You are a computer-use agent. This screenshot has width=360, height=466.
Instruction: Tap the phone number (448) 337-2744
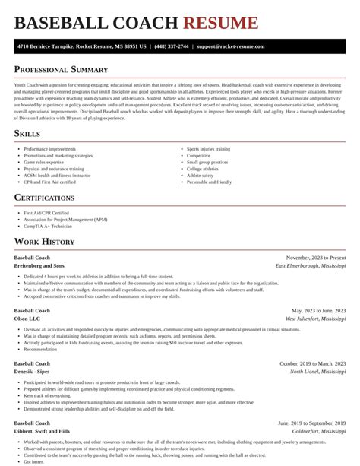tap(173, 46)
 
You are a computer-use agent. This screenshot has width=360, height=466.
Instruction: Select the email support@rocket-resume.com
tap(230, 46)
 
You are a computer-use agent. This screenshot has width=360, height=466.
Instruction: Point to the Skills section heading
tap(27, 134)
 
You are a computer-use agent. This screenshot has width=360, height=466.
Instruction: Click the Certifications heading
tap(44, 198)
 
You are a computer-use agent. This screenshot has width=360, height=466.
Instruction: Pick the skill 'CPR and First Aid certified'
tap(49, 182)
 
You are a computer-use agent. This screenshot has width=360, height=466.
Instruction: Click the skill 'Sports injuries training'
tap(208, 149)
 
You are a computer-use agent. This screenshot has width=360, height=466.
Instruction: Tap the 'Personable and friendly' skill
tap(209, 182)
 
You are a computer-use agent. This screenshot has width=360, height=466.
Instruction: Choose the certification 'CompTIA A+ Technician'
tap(48, 227)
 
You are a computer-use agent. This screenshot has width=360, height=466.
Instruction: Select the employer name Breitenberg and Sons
tap(39, 266)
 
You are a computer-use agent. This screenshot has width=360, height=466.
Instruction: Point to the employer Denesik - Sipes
tap(33, 372)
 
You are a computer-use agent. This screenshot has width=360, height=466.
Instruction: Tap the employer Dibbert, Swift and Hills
tap(43, 432)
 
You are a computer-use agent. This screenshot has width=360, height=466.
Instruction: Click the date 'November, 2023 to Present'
tap(315, 258)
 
